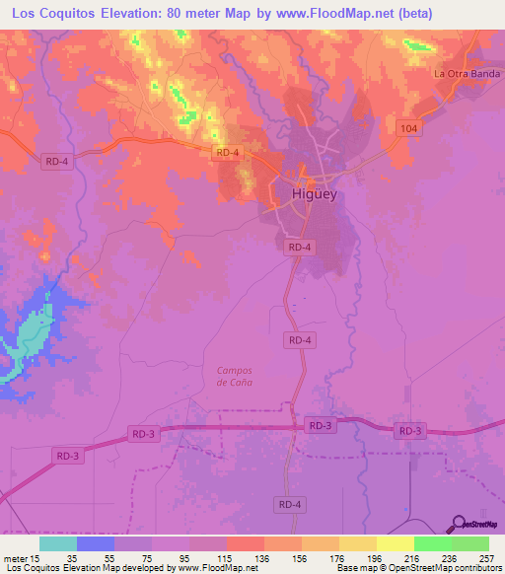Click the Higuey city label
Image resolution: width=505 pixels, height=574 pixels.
click(315, 194)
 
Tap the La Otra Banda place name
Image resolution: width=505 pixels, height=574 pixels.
click(469, 74)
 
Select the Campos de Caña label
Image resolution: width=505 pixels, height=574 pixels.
click(235, 376)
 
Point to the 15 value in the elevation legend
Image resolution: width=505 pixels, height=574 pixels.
click(35, 557)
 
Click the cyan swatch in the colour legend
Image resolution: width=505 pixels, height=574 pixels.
click(58, 543)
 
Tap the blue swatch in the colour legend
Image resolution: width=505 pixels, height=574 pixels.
click(96, 543)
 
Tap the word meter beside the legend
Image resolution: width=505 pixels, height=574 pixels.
click(15, 557)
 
